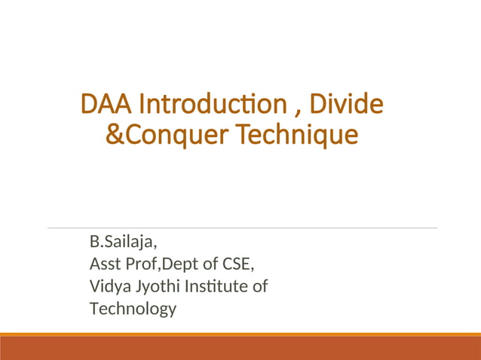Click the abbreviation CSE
pos(238,264)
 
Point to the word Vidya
pos(108,286)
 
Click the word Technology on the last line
pos(133,308)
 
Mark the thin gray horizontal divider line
pos(241,227)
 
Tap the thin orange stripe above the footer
pos(240,334)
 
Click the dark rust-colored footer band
pos(240,349)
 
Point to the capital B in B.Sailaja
pos(94,243)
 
